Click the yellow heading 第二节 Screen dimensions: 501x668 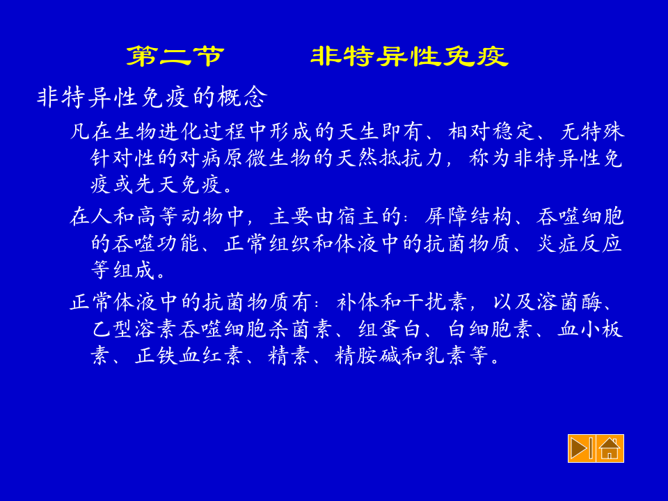tap(175, 56)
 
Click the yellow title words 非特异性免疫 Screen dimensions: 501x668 tap(409, 56)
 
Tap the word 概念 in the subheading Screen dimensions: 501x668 tap(241, 97)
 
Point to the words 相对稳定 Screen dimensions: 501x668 tap(492, 132)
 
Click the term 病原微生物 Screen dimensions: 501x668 tap(235, 158)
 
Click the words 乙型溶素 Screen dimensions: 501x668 tap(135, 329)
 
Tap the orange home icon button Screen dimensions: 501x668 tap(610, 448)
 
